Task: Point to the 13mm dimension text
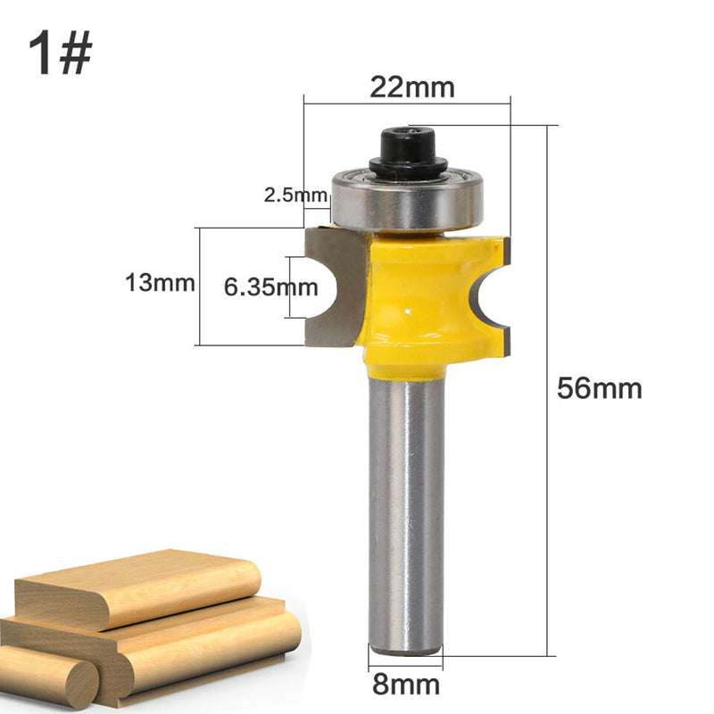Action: (x=161, y=285)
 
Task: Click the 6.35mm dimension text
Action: (x=268, y=287)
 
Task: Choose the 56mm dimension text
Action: (x=600, y=388)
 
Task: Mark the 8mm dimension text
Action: (x=407, y=685)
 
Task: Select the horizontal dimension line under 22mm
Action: (x=407, y=104)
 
